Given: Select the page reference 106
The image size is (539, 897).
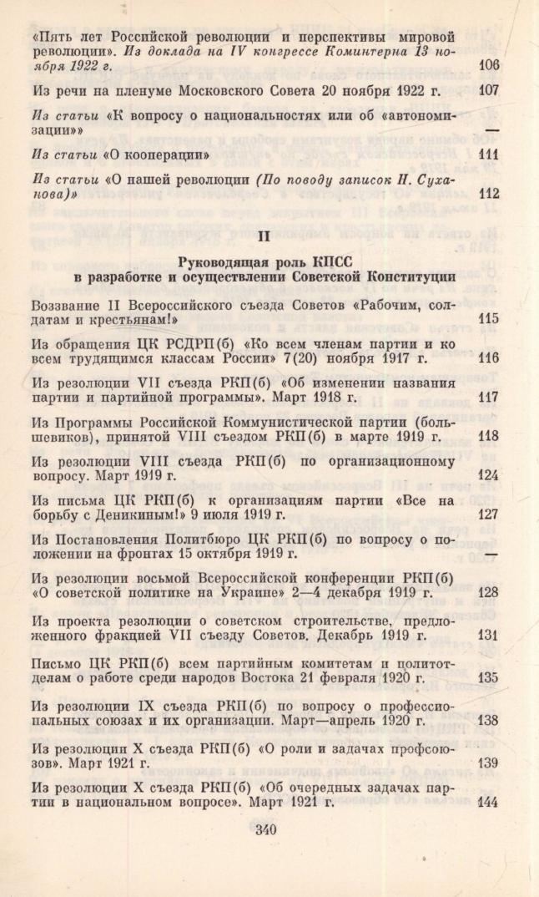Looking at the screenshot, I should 489,64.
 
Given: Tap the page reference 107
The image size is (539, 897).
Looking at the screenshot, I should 489,89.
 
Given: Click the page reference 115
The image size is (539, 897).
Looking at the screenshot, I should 489,319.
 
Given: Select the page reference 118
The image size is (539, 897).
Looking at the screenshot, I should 489,436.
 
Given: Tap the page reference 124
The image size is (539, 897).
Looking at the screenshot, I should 489,475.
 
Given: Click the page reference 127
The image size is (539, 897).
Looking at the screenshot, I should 489,514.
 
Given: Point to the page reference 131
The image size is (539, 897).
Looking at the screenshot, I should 489,634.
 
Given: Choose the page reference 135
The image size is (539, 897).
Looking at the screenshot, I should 489,677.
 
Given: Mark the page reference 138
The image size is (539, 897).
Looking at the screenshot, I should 489,719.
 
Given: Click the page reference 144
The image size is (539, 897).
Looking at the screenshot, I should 489,802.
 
